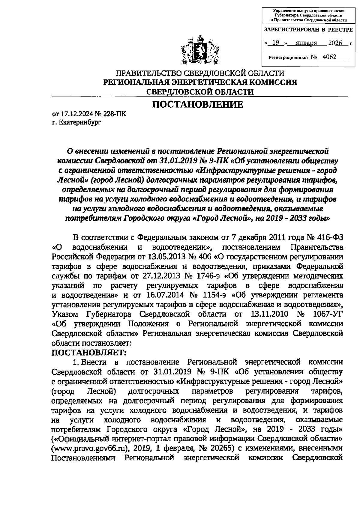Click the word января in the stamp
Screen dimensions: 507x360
[306, 43]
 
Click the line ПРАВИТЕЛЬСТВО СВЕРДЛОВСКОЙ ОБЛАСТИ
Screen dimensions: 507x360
[200, 73]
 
